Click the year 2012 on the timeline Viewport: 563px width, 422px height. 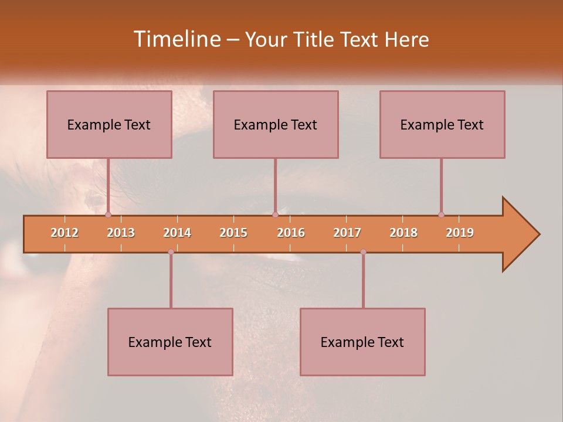point(65,233)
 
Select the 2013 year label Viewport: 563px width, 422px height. point(121,233)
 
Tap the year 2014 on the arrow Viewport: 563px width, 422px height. point(177,233)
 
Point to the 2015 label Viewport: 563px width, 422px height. point(233,233)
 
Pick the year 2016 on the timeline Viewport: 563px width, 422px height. point(291,233)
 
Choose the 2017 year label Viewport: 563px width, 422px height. point(347,233)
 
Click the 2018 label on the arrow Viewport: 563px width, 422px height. point(403,233)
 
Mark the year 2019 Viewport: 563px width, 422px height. point(460,233)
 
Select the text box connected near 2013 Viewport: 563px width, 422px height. point(109,124)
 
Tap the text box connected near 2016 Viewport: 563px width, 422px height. point(276,124)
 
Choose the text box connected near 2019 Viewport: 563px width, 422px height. point(442,124)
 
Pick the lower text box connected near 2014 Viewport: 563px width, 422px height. point(170,342)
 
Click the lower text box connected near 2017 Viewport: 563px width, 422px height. point(362,342)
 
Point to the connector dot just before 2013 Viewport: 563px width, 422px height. point(108,215)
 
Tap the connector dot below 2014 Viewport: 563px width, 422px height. point(171,252)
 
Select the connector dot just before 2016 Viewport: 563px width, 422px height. point(275,215)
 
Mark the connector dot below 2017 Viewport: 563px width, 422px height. point(363,252)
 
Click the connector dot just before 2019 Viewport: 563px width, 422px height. point(441,215)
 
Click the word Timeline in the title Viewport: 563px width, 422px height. point(175,39)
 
